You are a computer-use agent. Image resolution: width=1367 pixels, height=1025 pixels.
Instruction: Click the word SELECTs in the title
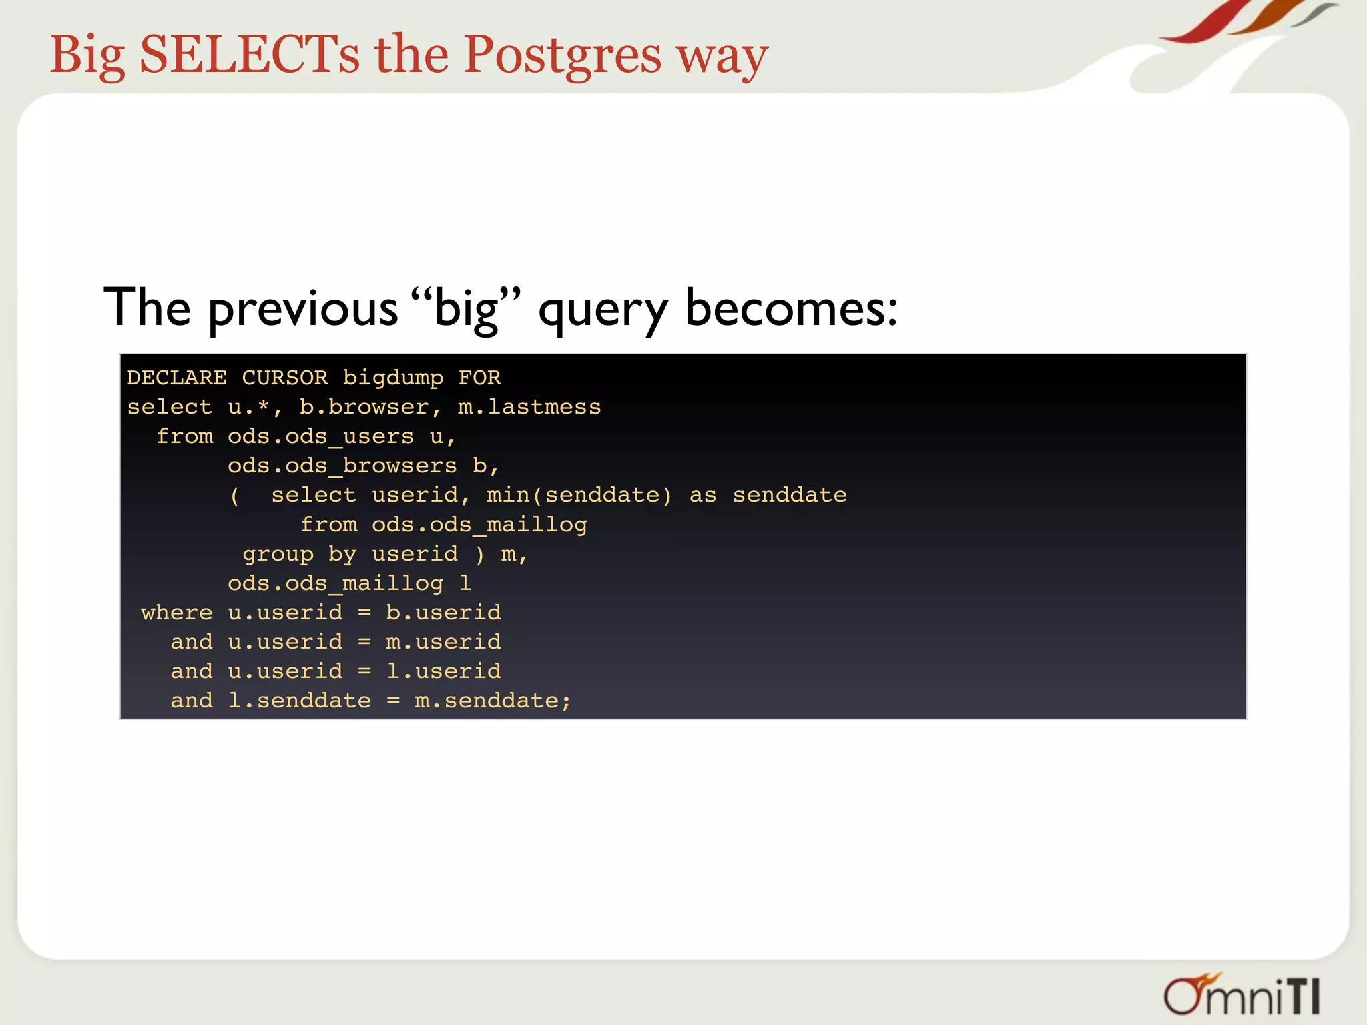tap(249, 55)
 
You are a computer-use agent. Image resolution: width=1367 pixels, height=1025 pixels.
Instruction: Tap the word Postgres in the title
tap(562, 56)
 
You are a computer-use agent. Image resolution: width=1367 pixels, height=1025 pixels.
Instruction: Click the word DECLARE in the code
tap(177, 378)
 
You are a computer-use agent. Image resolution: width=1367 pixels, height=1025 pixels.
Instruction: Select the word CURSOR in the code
tap(285, 378)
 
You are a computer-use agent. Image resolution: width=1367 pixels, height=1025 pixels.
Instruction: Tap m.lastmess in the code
tap(529, 407)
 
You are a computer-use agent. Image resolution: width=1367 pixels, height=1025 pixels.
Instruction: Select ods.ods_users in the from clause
tap(320, 437)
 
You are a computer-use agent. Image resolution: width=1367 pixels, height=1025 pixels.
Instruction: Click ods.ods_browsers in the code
tap(342, 466)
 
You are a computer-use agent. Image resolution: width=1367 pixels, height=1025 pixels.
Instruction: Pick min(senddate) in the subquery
tap(579, 495)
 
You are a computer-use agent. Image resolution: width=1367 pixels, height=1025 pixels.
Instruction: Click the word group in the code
tap(278, 555)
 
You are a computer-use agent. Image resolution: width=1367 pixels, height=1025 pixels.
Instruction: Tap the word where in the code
tap(176, 613)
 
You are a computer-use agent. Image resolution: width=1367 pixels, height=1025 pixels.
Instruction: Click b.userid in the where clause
tap(443, 613)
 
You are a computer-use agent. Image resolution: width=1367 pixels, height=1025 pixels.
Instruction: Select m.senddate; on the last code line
tap(493, 701)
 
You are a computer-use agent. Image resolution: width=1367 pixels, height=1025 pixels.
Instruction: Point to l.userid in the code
tap(443, 671)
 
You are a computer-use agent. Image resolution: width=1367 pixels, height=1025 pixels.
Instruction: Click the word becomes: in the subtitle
tap(792, 308)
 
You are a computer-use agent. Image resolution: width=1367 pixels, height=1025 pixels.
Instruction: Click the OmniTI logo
tap(1242, 995)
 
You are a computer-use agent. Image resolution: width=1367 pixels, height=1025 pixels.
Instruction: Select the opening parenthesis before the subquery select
tap(234, 496)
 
